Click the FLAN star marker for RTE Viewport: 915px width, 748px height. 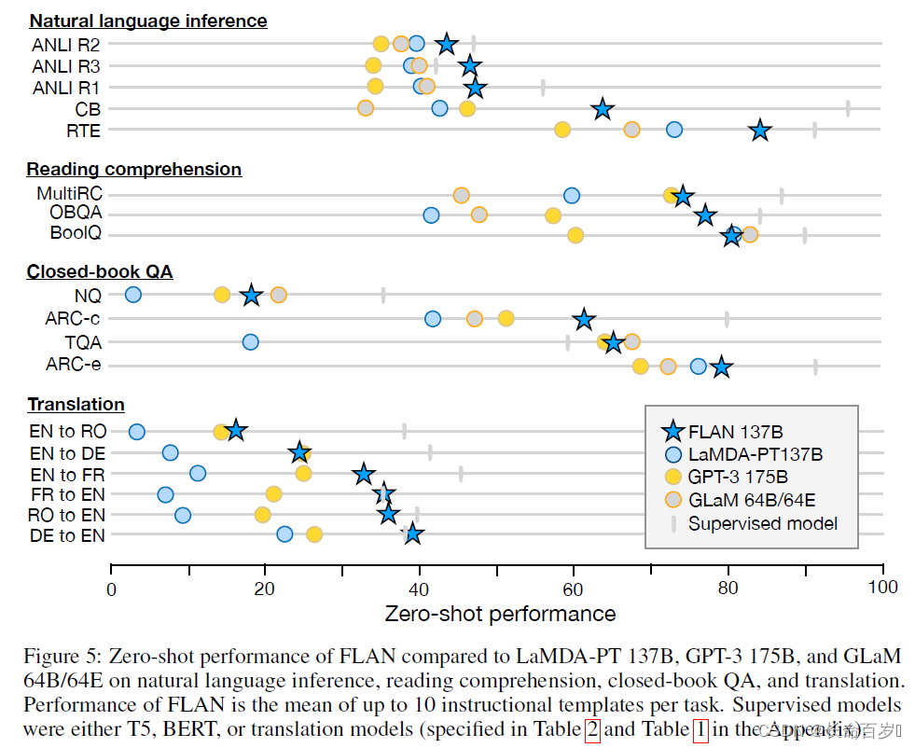(x=760, y=130)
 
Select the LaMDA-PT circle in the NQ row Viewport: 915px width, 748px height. (x=132, y=295)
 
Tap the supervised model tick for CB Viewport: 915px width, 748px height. (x=848, y=108)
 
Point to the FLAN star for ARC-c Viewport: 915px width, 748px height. (x=584, y=320)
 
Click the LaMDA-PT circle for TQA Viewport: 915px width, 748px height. (x=250, y=342)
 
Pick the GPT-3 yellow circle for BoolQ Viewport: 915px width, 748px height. (x=575, y=235)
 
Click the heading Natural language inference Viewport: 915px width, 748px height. (x=148, y=21)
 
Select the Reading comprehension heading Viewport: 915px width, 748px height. (x=134, y=169)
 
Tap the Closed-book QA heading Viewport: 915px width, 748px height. (x=100, y=271)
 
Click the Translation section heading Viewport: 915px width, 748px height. (x=76, y=404)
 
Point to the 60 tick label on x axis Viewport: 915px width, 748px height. (x=574, y=587)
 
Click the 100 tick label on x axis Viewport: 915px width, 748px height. (x=881, y=587)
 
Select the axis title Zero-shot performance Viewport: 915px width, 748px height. (x=500, y=614)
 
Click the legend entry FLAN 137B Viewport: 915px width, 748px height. (x=735, y=432)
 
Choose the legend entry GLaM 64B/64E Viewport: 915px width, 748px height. (x=752, y=500)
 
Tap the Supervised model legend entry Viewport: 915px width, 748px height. (x=762, y=523)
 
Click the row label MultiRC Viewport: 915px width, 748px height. (x=69, y=194)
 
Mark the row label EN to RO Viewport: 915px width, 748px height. (x=68, y=432)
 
